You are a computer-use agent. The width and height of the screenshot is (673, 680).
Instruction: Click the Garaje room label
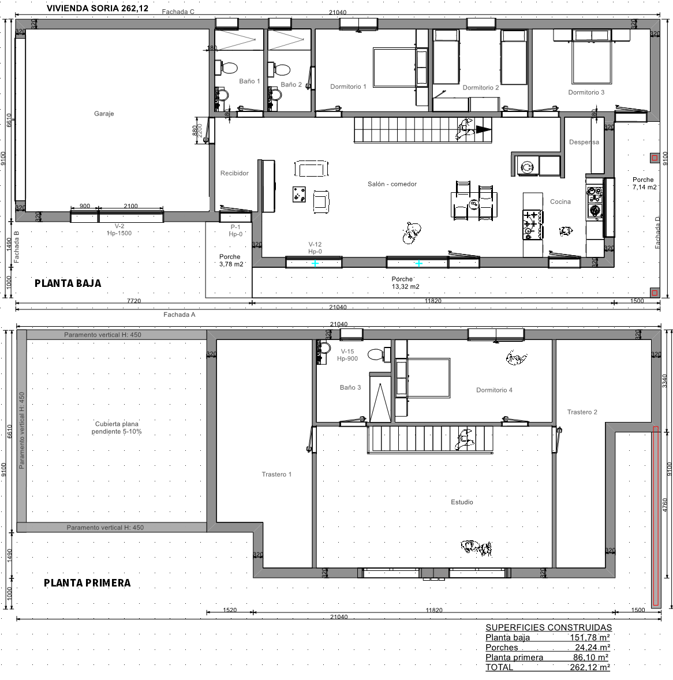tap(104, 114)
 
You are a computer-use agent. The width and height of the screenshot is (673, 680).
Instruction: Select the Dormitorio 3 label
tap(586, 92)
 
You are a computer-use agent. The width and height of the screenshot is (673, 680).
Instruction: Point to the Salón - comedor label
tap(392, 184)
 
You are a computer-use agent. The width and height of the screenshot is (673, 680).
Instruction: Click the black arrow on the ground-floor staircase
tap(484, 129)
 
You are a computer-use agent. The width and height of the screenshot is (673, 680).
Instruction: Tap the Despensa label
tap(584, 142)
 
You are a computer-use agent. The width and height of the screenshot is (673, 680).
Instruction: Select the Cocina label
tap(560, 201)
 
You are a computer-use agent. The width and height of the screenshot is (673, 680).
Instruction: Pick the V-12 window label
tap(315, 244)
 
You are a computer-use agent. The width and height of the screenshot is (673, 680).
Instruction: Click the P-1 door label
tap(235, 227)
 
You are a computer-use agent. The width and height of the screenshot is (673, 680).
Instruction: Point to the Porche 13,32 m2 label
tap(405, 283)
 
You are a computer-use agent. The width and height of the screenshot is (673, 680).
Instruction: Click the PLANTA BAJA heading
tap(68, 283)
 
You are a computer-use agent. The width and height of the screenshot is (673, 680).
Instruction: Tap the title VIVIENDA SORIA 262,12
tap(97, 8)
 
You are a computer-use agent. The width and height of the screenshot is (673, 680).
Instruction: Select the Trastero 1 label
tap(276, 474)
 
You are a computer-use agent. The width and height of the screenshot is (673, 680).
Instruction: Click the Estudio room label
tap(462, 502)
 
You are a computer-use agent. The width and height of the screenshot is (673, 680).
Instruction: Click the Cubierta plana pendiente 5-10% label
tap(117, 428)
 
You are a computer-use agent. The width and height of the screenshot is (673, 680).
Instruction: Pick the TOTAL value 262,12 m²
tap(590, 667)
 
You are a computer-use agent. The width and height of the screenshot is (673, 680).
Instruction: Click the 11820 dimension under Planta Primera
tap(433, 610)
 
